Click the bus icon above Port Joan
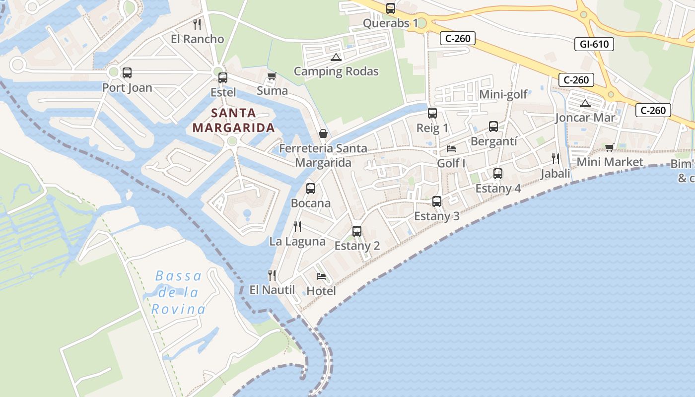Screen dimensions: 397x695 [127, 73]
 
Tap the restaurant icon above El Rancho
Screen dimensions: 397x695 [197, 24]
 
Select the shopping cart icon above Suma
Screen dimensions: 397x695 [272, 76]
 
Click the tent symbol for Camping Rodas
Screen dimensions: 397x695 [336, 57]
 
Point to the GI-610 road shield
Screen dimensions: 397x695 [594, 44]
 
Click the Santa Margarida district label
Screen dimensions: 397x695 [233, 121]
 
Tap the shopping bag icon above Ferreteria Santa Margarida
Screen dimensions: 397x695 [323, 133]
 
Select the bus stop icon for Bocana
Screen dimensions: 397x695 [311, 189]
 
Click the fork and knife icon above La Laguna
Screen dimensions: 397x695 [297, 227]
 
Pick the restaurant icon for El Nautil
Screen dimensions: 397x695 [272, 275]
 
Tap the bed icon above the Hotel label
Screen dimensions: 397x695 [321, 276]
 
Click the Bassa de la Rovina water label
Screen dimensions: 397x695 [178, 293]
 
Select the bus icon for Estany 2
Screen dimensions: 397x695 [357, 231]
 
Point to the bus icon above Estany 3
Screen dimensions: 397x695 [437, 201]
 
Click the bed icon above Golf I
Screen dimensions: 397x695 [451, 148]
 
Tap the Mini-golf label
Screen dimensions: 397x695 [503, 94]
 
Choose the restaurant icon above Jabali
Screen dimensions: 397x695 [556, 159]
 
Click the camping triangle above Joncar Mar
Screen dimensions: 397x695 [585, 103]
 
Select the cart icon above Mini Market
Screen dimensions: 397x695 [610, 147]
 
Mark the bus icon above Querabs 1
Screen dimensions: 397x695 [391, 8]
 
